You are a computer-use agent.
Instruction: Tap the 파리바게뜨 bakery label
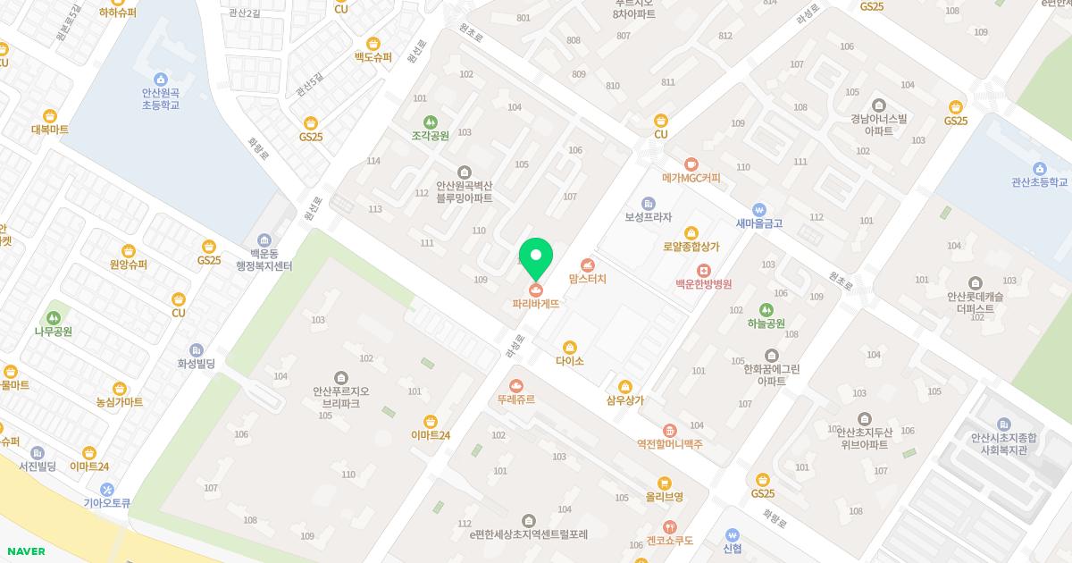pyautogui.click(x=536, y=304)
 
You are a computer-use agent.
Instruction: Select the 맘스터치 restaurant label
pyautogui.click(x=587, y=279)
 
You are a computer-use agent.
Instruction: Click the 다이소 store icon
pyautogui.click(x=569, y=348)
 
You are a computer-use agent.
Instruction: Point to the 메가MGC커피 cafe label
pyautogui.click(x=691, y=178)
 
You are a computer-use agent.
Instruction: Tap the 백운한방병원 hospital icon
pyautogui.click(x=703, y=270)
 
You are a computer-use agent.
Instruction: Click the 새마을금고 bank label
pyautogui.click(x=758, y=223)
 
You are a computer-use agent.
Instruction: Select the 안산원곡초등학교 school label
pyautogui.click(x=161, y=98)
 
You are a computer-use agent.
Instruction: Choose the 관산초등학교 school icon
pyautogui.click(x=1039, y=168)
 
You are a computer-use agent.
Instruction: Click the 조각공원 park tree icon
pyautogui.click(x=430, y=122)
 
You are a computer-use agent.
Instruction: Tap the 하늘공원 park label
pyautogui.click(x=766, y=324)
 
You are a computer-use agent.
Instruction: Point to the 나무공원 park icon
pyautogui.click(x=53, y=317)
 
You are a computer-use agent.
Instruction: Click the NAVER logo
pyautogui.click(x=26, y=551)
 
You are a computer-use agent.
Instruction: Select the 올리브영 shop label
pyautogui.click(x=665, y=497)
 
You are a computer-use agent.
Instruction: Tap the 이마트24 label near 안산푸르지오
pyautogui.click(x=431, y=435)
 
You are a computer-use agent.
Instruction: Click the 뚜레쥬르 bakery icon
pyautogui.click(x=515, y=385)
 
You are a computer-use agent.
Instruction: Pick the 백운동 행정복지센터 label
pyautogui.click(x=264, y=260)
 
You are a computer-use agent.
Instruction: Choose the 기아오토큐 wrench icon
pyautogui.click(x=107, y=489)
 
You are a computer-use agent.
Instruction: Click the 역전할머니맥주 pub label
pyautogui.click(x=669, y=444)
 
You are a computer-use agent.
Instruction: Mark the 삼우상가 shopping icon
pyautogui.click(x=624, y=387)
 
